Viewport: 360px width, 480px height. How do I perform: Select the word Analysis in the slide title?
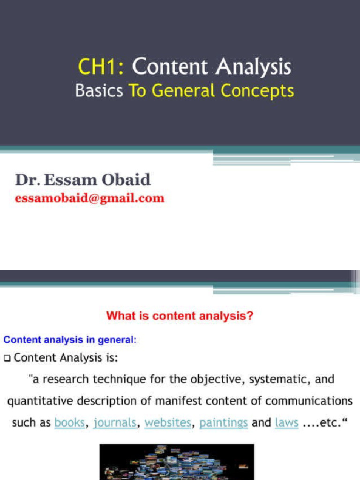click(x=254, y=67)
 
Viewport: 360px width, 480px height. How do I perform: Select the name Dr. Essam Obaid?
click(x=83, y=180)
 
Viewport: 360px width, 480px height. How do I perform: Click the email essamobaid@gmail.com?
click(x=90, y=198)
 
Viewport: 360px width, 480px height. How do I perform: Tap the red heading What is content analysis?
click(x=180, y=316)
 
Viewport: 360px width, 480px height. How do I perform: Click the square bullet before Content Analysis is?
click(x=7, y=359)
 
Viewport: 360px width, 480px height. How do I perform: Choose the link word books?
click(x=70, y=423)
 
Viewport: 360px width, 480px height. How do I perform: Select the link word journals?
click(x=115, y=423)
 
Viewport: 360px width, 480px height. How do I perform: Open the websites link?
click(x=168, y=423)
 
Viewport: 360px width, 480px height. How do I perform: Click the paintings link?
click(x=224, y=423)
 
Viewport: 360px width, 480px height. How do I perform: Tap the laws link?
click(x=287, y=423)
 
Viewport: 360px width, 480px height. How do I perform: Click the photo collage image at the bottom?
click(x=177, y=462)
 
